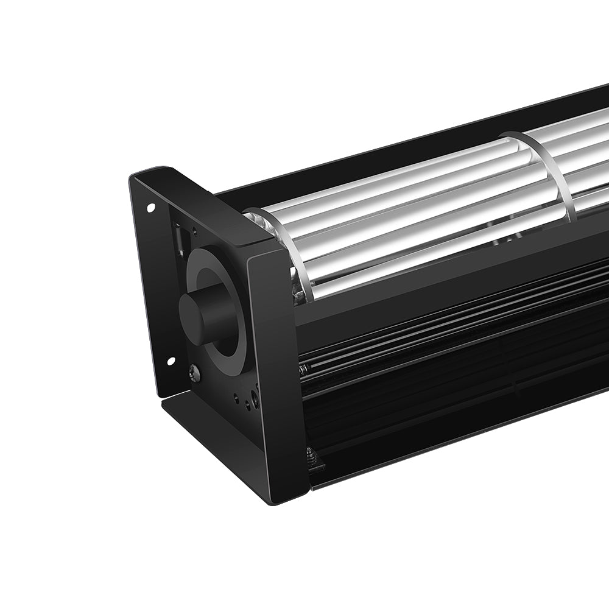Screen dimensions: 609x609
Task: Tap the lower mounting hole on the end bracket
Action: click(171, 361)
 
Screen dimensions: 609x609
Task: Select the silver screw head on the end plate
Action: click(194, 373)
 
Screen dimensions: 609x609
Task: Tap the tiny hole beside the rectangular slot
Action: click(194, 230)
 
